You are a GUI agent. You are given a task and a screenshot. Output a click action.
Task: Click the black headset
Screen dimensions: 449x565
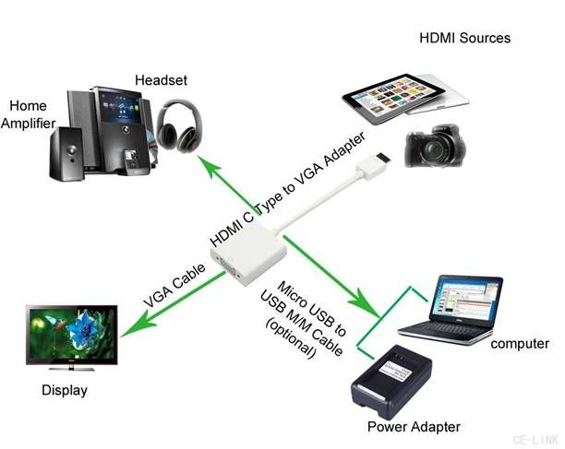click(x=175, y=124)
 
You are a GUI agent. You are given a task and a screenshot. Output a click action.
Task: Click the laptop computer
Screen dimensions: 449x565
click(x=450, y=305)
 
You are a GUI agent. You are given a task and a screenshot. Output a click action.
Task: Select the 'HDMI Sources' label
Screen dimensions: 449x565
click(x=464, y=38)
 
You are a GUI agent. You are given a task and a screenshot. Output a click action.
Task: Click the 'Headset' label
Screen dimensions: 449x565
click(x=161, y=80)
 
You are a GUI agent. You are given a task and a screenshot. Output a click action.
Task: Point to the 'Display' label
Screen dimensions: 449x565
click(x=65, y=390)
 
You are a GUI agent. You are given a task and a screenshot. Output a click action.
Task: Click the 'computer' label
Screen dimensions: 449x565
click(x=520, y=344)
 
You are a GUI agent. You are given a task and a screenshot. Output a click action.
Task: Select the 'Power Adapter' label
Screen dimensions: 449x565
click(x=413, y=427)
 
